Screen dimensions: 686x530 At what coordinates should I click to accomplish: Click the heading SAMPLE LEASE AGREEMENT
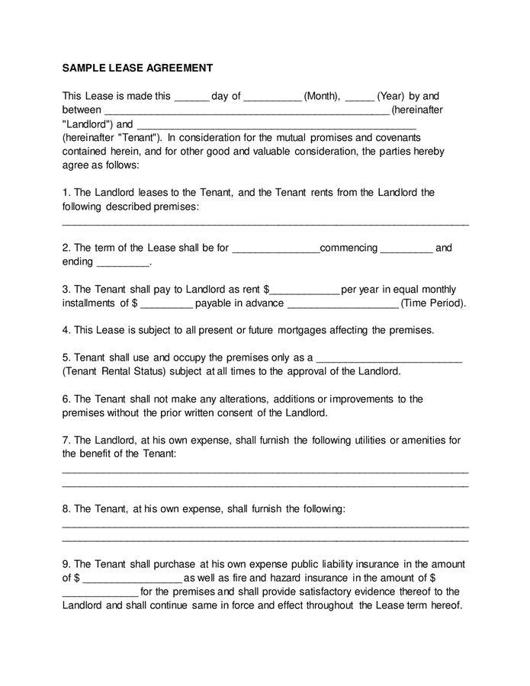[137, 68]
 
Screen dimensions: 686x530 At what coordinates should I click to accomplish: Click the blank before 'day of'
[191, 98]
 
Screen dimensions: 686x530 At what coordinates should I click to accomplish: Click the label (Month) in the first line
[322, 96]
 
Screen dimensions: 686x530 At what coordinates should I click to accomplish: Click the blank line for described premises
[265, 223]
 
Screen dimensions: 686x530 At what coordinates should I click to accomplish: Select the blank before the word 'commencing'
[275, 249]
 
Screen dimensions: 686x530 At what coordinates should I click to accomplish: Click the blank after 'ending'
[123, 264]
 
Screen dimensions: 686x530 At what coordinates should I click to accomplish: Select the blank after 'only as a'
[389, 359]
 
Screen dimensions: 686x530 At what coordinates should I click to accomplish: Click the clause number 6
[66, 399]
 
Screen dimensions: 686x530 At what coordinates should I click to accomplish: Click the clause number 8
[66, 508]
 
